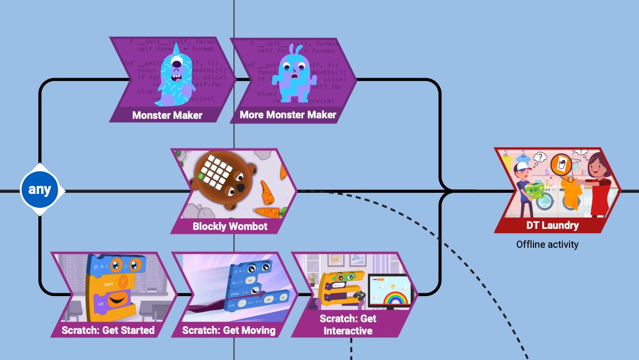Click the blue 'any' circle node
[x=39, y=190]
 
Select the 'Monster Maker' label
[x=167, y=115]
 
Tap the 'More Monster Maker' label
[x=288, y=115]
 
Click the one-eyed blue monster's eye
[x=176, y=62]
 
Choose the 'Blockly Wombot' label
[x=229, y=226]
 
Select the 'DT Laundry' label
[x=552, y=226]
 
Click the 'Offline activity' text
[x=547, y=244]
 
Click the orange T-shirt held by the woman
[x=571, y=192]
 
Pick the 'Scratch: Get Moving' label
[x=228, y=330]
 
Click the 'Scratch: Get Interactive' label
[x=348, y=324]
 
